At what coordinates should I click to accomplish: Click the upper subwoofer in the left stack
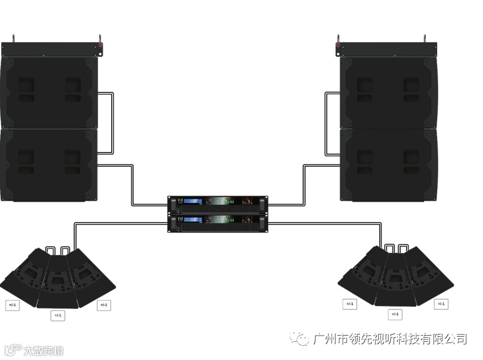point(49,92)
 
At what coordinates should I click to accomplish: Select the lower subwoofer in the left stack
point(49,165)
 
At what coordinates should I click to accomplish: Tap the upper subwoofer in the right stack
point(388,92)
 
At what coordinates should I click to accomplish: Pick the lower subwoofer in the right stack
point(388,165)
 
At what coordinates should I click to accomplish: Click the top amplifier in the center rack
point(218,203)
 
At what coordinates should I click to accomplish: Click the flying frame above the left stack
point(54,48)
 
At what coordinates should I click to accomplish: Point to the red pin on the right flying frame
point(339,44)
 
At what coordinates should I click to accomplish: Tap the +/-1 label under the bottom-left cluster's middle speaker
point(58,315)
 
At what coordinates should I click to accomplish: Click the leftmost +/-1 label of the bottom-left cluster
point(12,304)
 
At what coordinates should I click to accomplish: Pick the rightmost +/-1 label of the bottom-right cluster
point(441,304)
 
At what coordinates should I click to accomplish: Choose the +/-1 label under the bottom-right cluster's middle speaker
point(395,314)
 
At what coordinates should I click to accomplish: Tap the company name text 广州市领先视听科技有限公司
point(390,339)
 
